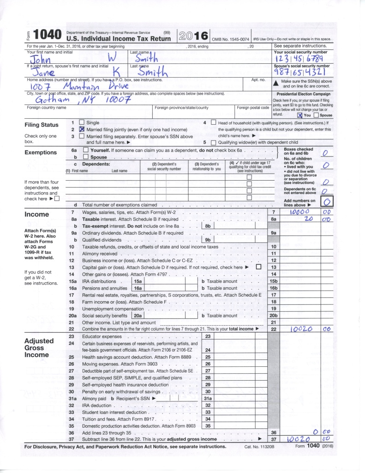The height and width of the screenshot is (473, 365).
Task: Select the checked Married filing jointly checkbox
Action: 82,129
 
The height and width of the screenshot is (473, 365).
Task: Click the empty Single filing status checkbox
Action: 82,122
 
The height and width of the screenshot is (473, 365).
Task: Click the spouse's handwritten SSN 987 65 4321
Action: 302,73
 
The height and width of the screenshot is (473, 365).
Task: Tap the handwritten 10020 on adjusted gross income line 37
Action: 300,439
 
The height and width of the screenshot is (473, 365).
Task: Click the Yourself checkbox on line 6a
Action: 85,150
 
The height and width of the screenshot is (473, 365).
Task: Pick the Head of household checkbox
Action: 213,122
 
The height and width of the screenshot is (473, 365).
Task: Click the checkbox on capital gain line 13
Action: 258,267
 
